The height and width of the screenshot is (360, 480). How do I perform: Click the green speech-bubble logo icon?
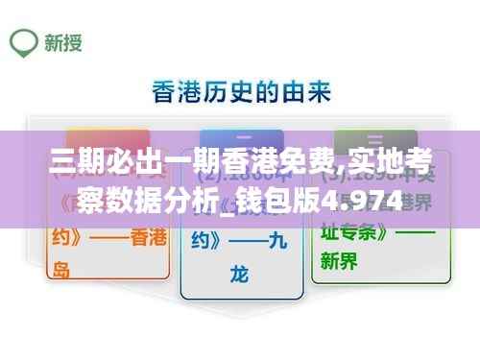pyautogui.click(x=24, y=41)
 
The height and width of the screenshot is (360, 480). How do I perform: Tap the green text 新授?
pyautogui.click(x=61, y=42)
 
